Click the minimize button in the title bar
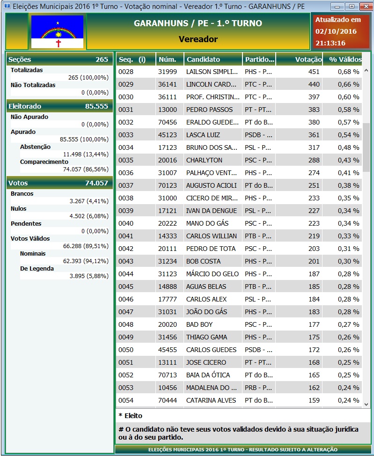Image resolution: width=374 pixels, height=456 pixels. tap(337, 7)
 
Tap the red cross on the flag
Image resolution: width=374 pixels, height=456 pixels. tap(59, 44)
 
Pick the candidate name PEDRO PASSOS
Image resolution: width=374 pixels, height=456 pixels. tap(209, 110)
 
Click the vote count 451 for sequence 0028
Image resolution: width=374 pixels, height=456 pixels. tap(314, 72)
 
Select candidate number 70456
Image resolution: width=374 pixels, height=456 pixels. tap(168, 123)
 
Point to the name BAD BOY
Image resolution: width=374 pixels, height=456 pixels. tap(199, 324)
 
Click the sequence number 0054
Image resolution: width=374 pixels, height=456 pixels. tap(126, 400)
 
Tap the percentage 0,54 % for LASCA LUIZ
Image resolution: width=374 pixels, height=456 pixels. tap(348, 135)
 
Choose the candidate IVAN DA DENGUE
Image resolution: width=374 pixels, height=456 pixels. tap(212, 211)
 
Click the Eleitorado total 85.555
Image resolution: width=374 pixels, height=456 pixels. tap(96, 106)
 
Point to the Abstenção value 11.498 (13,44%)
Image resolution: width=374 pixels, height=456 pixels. tap(86, 154)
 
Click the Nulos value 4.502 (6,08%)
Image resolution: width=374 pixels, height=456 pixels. tap(89, 216)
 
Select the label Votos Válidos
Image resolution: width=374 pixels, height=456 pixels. tap(30, 238)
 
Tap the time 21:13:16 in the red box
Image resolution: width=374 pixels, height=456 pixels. tap(330, 43)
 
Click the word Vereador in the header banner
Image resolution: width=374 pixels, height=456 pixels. tap(198, 39)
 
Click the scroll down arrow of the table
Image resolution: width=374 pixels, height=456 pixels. tap(366, 404)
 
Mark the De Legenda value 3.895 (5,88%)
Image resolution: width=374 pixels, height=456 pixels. tap(89, 276)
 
